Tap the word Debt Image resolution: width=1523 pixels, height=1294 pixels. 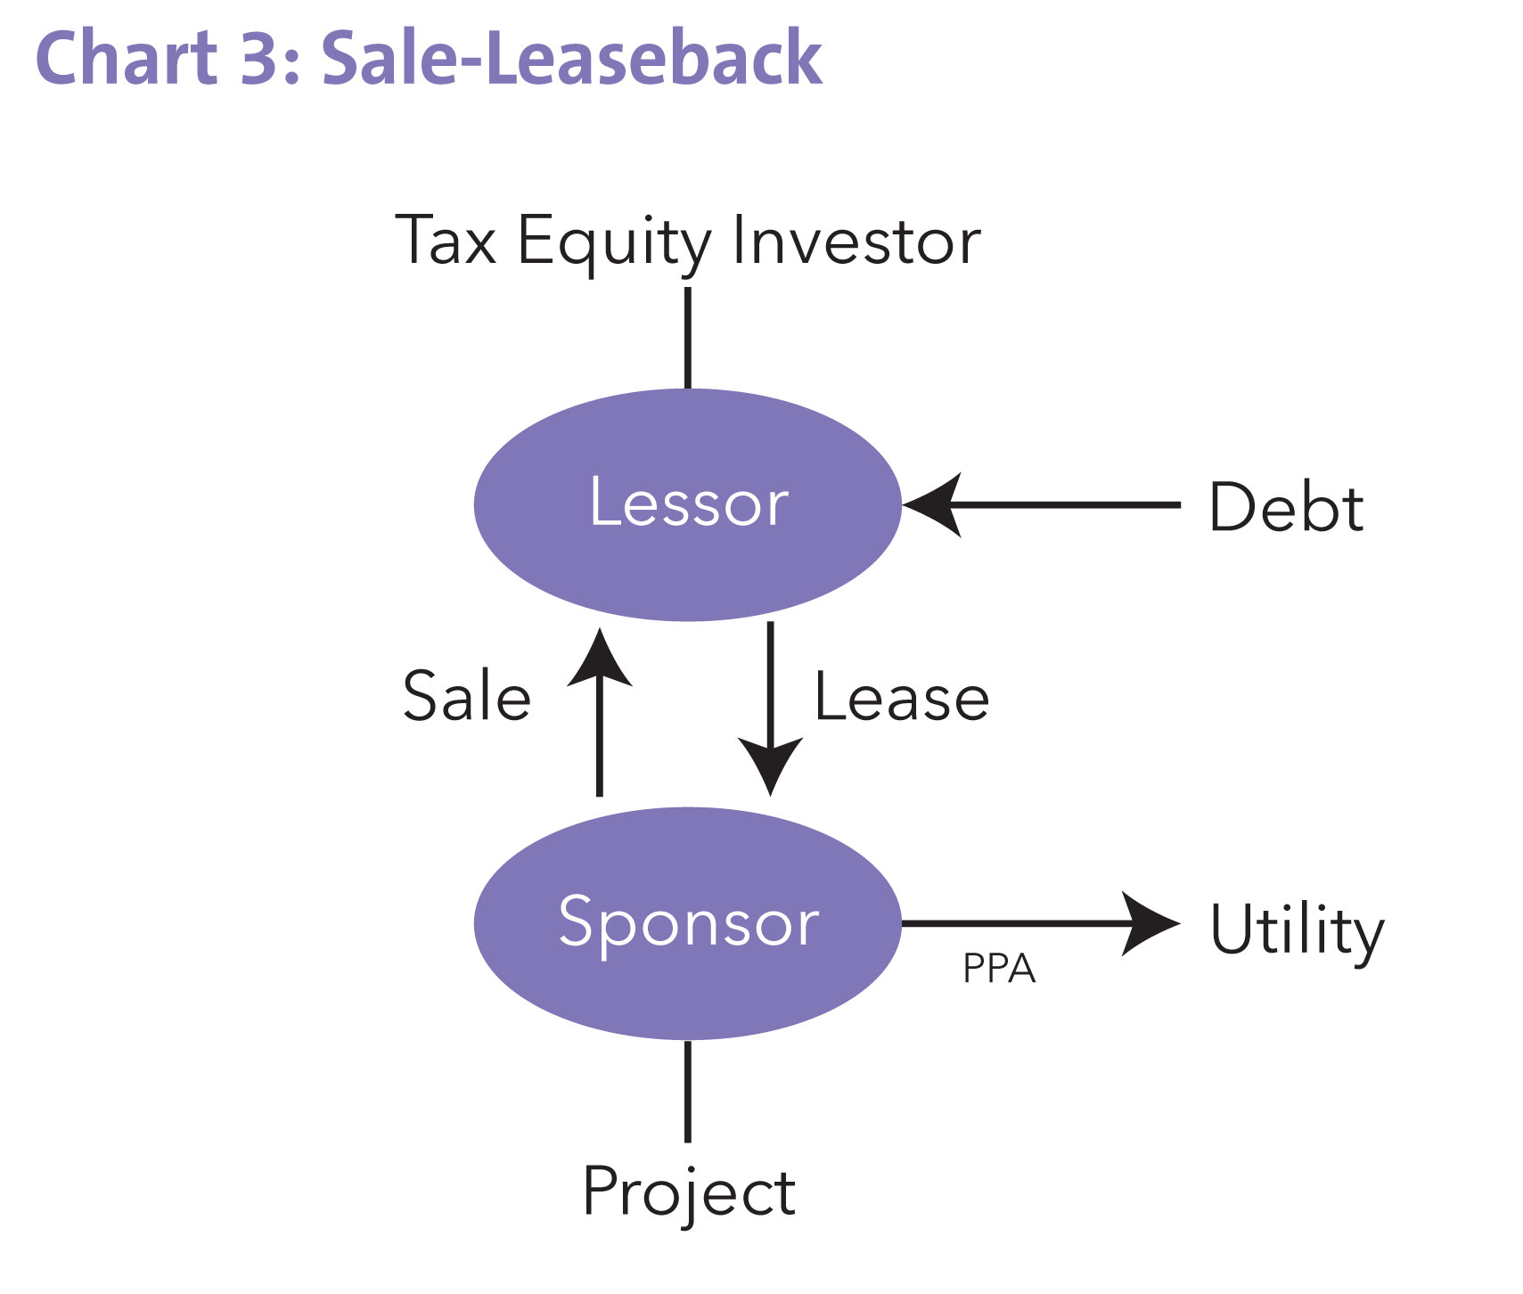point(1286,507)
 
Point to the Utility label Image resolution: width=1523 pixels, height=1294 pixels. point(1297,930)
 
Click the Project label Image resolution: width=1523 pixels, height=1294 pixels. point(688,1192)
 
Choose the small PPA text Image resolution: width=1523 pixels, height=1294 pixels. point(999,969)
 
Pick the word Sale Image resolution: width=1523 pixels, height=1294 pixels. point(467,697)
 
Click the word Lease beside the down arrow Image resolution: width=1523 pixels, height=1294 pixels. point(901,698)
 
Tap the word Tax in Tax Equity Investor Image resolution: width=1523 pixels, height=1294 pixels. point(446,241)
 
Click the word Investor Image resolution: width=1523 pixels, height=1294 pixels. point(856,241)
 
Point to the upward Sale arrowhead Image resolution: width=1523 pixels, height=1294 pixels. point(600,658)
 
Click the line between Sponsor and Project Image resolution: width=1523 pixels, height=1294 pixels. point(687,1091)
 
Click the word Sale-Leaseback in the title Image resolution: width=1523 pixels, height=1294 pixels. point(571,59)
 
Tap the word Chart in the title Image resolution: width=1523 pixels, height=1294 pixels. point(126,59)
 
